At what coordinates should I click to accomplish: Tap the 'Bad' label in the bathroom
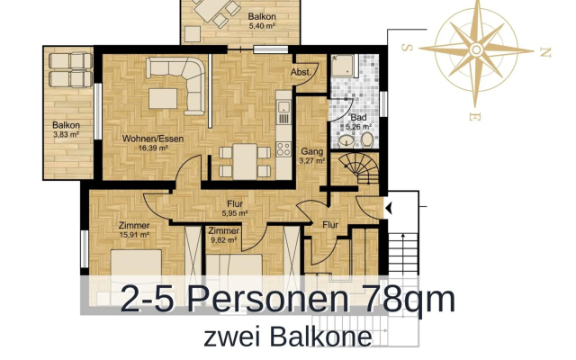[x=357, y=118]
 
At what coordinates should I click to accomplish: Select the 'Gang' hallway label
[x=311, y=151]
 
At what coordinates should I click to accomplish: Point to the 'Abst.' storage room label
[x=301, y=73]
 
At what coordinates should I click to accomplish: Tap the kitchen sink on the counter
[x=283, y=116]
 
